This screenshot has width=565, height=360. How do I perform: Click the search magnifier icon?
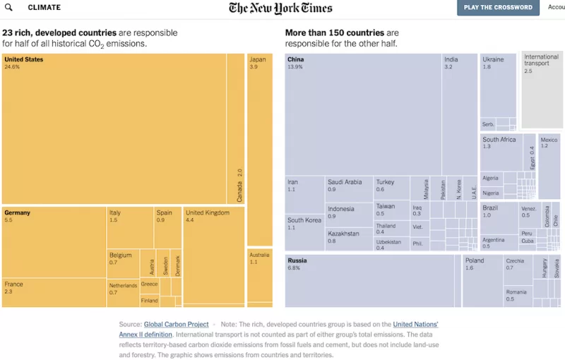click(8, 8)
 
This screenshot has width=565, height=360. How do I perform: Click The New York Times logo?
click(280, 8)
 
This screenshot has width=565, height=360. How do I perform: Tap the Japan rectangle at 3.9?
click(259, 148)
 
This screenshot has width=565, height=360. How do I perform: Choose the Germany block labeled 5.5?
click(54, 240)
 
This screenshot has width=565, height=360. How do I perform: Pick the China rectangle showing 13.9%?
click(363, 113)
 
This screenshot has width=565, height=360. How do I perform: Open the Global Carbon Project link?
click(176, 325)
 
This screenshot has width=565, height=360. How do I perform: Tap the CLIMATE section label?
click(44, 8)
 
